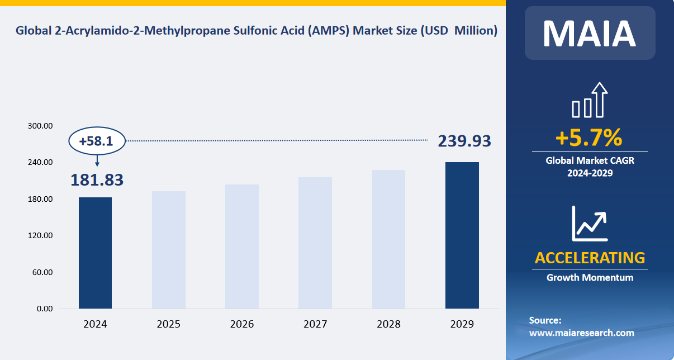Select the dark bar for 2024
tap(95, 253)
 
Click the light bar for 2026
tap(242, 247)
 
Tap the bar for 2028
tap(388, 239)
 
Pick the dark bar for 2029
tap(462, 235)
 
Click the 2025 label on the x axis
tap(168, 324)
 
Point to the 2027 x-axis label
tap(315, 324)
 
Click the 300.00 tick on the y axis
tap(40, 126)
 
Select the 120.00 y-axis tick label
tap(40, 236)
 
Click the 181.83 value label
tap(97, 180)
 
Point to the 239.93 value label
tap(464, 141)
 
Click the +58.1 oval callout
tap(97, 141)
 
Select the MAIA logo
tap(589, 33)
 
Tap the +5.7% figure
tap(588, 137)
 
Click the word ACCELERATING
tap(590, 258)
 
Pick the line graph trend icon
tap(589, 223)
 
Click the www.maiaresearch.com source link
tap(581, 333)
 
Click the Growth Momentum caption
tap(590, 277)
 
